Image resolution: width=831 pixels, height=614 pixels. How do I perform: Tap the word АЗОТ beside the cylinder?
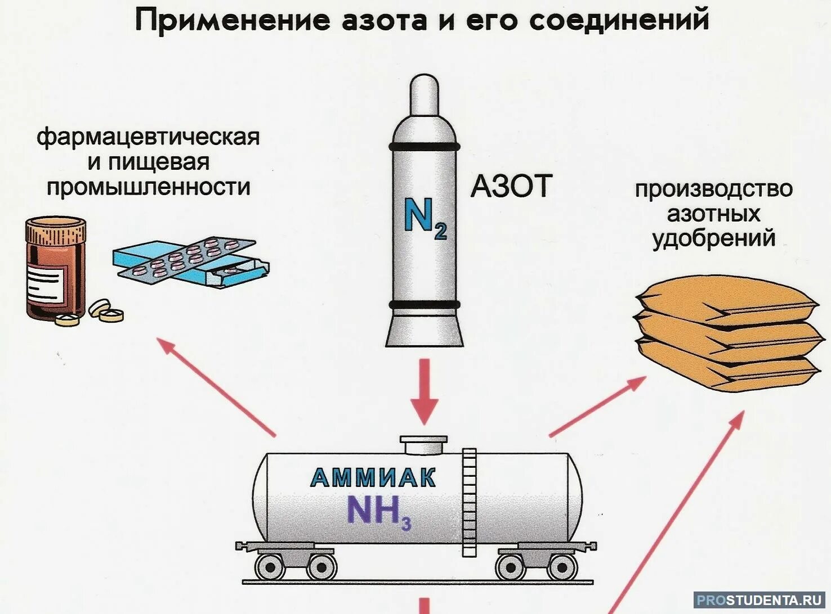point(511,186)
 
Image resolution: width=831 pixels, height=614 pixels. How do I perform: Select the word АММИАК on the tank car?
point(373,478)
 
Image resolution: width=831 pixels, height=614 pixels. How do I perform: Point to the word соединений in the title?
point(619,21)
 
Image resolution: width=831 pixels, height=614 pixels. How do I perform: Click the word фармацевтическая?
point(148,137)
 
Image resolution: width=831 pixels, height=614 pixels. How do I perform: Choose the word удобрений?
point(713,238)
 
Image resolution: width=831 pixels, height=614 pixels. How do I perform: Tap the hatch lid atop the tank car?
point(423,444)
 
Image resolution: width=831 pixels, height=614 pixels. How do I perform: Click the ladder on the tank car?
point(469,502)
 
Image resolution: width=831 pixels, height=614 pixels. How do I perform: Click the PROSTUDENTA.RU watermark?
point(759,599)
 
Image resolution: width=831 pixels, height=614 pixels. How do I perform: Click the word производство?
point(713,189)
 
